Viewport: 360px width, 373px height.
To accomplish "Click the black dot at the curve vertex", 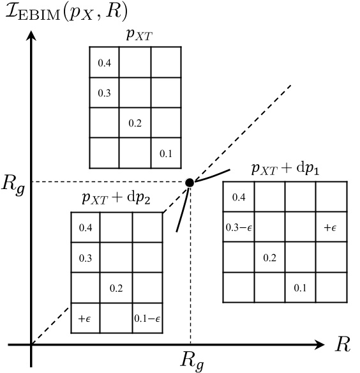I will [x=190, y=183].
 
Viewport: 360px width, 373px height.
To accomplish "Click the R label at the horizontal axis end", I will [x=342, y=345].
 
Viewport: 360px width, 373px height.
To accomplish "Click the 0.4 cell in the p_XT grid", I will [x=105, y=63].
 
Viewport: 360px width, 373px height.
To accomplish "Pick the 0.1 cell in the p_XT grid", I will [x=166, y=154].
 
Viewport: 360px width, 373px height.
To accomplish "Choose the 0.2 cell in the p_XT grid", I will [x=135, y=123].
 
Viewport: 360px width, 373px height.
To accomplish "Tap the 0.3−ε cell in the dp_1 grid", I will [x=239, y=227].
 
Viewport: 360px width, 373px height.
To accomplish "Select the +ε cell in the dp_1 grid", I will [x=331, y=227].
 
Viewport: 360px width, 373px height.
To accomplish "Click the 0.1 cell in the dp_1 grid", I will [x=300, y=288].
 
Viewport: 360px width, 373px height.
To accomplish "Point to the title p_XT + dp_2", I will [x=116, y=199].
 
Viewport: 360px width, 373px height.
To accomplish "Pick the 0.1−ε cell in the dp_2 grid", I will [x=147, y=318].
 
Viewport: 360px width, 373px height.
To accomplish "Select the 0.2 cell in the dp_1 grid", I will [x=269, y=257].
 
